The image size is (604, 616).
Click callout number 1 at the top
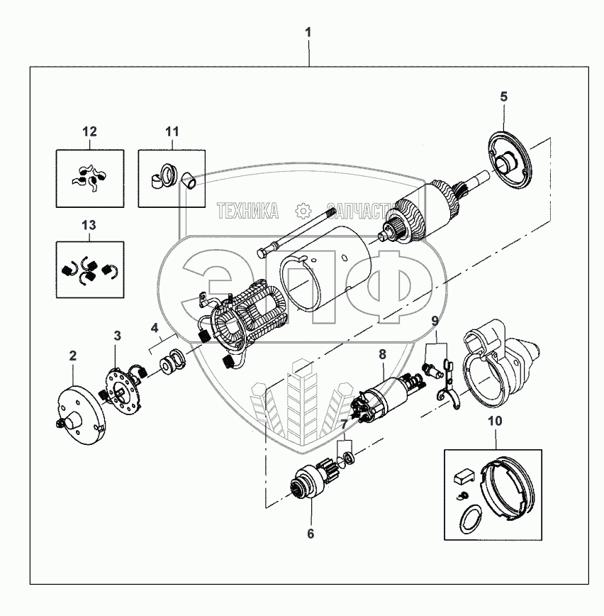tap(308, 33)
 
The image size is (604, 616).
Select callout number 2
tap(72, 355)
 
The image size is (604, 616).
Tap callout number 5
tap(503, 97)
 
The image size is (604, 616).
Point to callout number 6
tap(309, 532)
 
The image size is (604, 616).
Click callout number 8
tap(382, 353)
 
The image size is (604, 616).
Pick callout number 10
tap(495, 421)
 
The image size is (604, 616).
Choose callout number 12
tap(89, 131)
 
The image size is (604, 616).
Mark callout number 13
tap(89, 225)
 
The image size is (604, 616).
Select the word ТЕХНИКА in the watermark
tap(247, 210)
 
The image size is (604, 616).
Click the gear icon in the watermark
tap(303, 210)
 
